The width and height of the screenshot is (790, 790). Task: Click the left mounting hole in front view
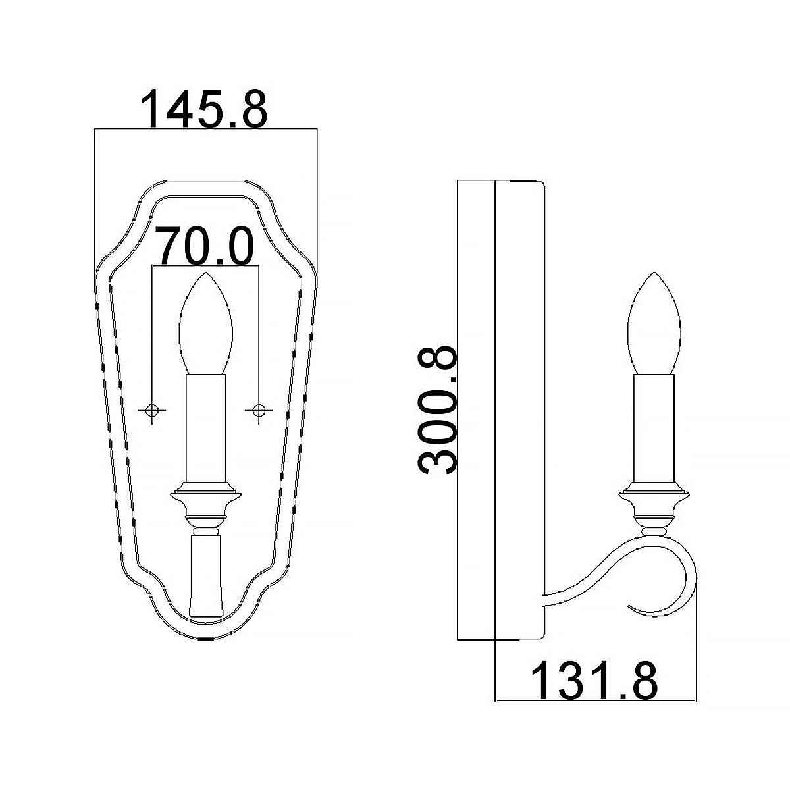coord(152,410)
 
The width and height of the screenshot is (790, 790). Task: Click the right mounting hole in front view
coord(259,410)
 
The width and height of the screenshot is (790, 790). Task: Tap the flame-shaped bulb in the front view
coord(205,323)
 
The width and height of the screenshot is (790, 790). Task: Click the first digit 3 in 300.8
coord(438,455)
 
